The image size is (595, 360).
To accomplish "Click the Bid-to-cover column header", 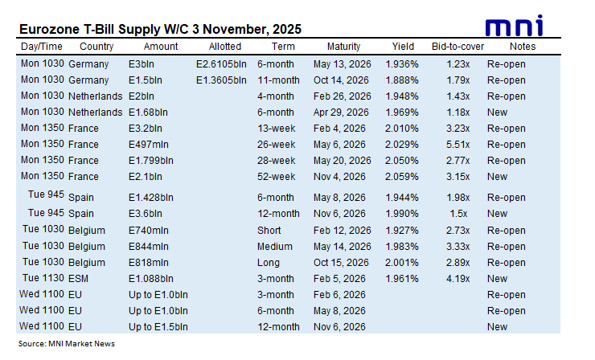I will (456, 47).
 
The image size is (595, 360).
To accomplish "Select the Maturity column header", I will (343, 47).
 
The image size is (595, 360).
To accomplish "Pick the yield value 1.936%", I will (402, 63).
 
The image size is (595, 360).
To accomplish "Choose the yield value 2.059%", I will (402, 177).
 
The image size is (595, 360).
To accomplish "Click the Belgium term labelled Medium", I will (275, 247).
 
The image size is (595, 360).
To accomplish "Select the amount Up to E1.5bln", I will (158, 327).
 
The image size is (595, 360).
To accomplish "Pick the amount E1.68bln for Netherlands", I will (149, 112).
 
